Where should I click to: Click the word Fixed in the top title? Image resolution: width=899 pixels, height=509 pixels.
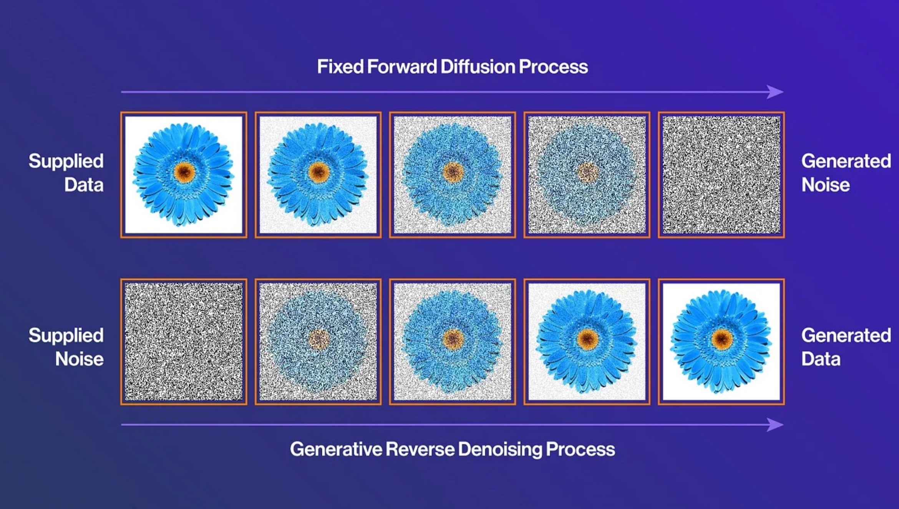click(x=340, y=67)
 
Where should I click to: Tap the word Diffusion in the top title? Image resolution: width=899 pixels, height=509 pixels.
click(x=478, y=67)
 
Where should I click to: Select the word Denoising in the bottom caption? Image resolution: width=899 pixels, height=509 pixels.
click(x=500, y=450)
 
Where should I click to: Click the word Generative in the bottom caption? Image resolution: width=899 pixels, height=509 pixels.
click(x=336, y=449)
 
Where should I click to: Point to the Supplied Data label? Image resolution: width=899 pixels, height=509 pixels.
click(x=66, y=173)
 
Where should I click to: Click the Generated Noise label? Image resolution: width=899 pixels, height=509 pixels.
click(x=846, y=173)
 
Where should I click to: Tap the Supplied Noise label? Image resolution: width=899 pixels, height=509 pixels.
click(x=66, y=347)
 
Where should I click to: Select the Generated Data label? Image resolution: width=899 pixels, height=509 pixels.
click(x=846, y=347)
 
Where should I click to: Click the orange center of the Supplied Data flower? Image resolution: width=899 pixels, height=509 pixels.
click(x=184, y=172)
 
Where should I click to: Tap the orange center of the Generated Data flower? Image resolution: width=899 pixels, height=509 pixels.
click(x=722, y=339)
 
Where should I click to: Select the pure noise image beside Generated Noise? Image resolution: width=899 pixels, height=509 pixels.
click(x=722, y=175)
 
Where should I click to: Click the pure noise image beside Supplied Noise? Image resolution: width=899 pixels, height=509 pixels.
click(x=184, y=342)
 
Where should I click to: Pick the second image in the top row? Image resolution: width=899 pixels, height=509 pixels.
click(x=318, y=175)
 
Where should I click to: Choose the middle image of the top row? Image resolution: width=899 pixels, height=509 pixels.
click(x=453, y=175)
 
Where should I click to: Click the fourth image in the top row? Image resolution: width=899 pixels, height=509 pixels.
click(x=587, y=175)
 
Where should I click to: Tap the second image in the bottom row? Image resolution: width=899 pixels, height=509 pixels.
click(x=318, y=342)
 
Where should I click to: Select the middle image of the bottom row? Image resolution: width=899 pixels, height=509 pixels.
click(x=453, y=342)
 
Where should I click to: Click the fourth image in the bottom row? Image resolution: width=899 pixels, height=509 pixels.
click(x=587, y=342)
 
